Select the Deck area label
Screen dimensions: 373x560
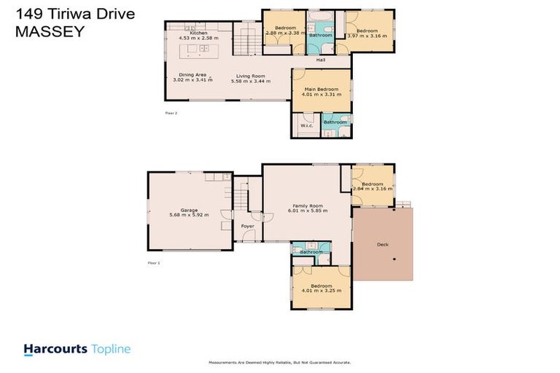pyautogui.click(x=382, y=245)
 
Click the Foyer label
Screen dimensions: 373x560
pyautogui.click(x=248, y=226)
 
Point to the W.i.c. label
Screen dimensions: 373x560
pyautogui.click(x=306, y=125)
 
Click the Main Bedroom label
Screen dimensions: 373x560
pyautogui.click(x=322, y=89)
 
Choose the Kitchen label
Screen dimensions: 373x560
pyautogui.click(x=199, y=34)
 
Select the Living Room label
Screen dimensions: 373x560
pyautogui.click(x=250, y=75)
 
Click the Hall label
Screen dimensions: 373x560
pyautogui.click(x=320, y=60)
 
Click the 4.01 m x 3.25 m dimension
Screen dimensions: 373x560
pyautogui.click(x=322, y=291)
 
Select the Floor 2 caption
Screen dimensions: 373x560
pyautogui.click(x=171, y=113)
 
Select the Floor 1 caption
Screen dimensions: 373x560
pyautogui.click(x=153, y=262)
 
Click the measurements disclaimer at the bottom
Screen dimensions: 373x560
pyautogui.click(x=279, y=362)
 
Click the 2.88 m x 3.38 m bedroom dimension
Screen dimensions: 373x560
pyautogui.click(x=284, y=33)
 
